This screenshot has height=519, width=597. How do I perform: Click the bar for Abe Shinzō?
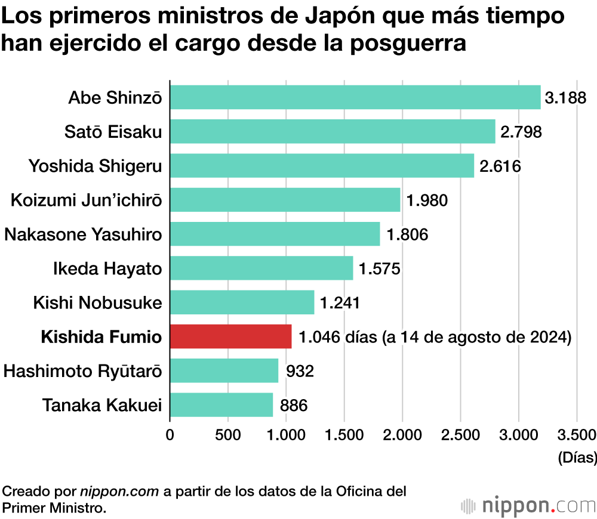coord(355,97)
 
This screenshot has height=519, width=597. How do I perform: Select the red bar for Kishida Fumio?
coord(231,336)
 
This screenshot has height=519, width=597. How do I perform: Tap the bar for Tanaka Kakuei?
coord(221,405)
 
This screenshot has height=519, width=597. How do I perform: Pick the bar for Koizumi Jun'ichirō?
coord(285,200)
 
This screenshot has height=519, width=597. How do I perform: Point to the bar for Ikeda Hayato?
coord(261,268)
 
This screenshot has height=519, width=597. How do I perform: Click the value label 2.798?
coord(521,132)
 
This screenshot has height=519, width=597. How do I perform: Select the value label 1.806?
coord(407,234)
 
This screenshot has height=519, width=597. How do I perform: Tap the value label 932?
coord(300,372)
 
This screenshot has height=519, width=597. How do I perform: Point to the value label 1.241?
coord(340,303)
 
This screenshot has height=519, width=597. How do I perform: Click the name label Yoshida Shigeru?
coord(95,166)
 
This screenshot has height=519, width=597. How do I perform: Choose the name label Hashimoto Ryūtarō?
coord(82,372)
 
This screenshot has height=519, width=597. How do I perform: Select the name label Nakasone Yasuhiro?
coord(83,234)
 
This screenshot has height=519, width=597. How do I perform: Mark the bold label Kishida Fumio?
coord(101,337)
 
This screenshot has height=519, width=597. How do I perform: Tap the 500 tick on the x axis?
coord(228,434)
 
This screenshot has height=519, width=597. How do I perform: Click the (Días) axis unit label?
coord(577,458)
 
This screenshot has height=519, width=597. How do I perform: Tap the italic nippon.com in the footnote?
coord(120,492)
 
